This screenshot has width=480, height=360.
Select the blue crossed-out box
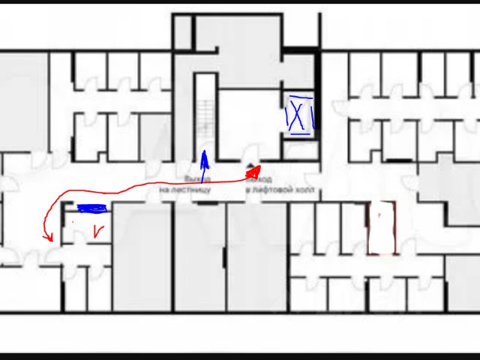pos(298,116)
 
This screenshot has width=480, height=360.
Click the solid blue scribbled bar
pos(93,208)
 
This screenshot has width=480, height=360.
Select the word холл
pos(301,190)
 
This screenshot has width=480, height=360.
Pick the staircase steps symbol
pos(202,112)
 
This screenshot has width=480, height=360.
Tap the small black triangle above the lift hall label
pos(250,164)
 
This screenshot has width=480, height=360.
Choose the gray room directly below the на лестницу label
pos(199,255)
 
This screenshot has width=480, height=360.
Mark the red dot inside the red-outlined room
pos(380,215)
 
